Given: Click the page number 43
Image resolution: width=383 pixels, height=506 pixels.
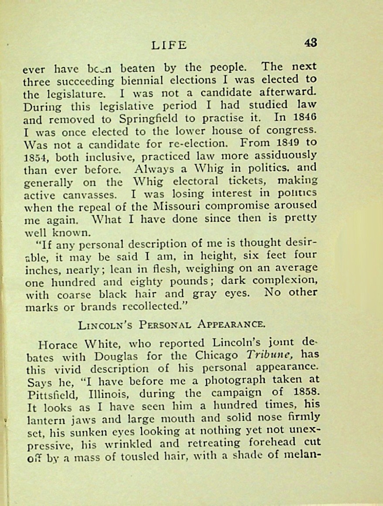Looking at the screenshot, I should click(311, 43).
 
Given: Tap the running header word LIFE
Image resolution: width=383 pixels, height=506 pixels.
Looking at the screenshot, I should click(169, 45).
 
